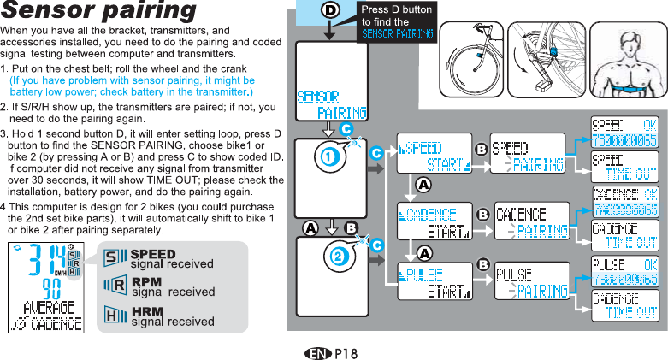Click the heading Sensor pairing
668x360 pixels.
pos(98,12)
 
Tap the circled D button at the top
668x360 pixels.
pos(328,10)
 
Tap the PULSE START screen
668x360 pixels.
pos(434,283)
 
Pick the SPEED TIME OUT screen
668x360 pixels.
pos(625,168)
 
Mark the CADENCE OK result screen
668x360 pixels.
pos(625,203)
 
